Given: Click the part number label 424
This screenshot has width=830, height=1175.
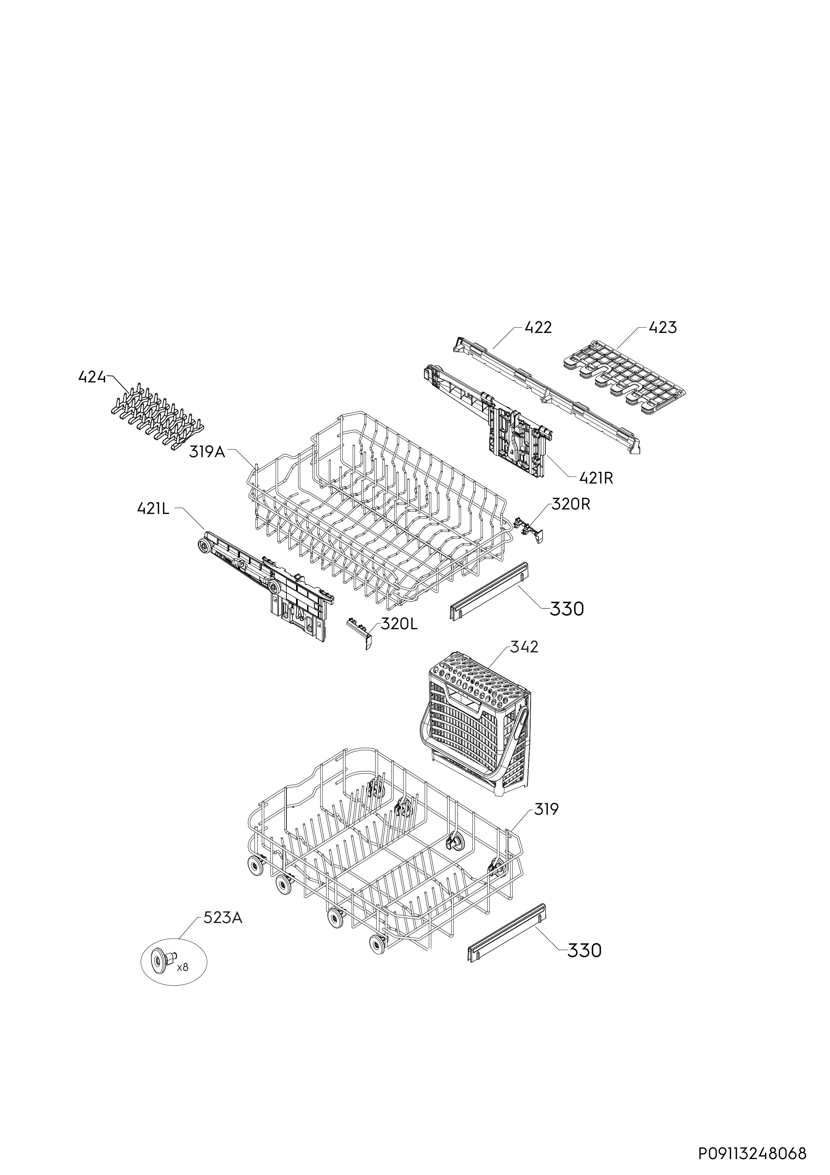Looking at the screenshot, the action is pyautogui.click(x=92, y=377).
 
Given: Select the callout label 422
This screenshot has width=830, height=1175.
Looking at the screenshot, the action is pyautogui.click(x=538, y=327).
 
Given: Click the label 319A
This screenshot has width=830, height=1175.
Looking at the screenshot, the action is pyautogui.click(x=207, y=452).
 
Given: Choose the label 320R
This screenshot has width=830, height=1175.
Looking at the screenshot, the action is pyautogui.click(x=571, y=504).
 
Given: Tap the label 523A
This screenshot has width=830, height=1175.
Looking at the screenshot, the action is pyautogui.click(x=223, y=918).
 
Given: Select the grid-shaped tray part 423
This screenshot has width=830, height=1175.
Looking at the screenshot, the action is pyautogui.click(x=624, y=370).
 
